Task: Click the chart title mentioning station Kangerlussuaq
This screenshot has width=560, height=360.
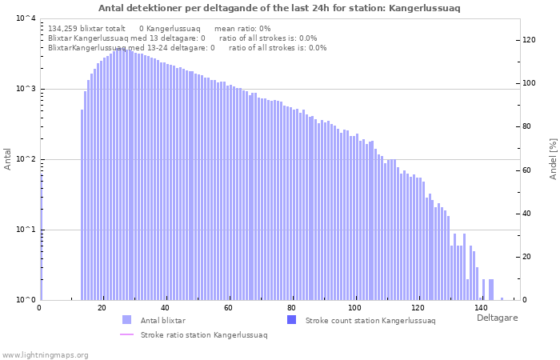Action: (x=279, y=8)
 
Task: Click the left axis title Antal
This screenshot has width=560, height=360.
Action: (x=8, y=158)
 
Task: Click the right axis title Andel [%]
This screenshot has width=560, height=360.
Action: (x=553, y=158)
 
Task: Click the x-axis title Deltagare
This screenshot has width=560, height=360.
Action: (x=497, y=318)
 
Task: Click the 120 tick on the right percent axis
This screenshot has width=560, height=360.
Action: (x=529, y=40)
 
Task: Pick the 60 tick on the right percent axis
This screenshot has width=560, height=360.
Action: (x=529, y=170)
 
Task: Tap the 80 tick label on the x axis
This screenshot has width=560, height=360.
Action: (x=292, y=308)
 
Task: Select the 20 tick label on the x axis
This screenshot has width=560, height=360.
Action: (x=102, y=308)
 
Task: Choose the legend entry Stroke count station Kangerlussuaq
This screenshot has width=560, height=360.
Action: (x=370, y=320)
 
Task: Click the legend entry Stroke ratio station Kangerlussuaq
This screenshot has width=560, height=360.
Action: (x=204, y=334)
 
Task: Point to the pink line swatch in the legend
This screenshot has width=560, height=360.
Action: (x=126, y=334)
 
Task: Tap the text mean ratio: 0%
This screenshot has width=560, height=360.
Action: (x=248, y=28)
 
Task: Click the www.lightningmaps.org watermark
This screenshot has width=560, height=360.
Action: (x=46, y=354)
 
